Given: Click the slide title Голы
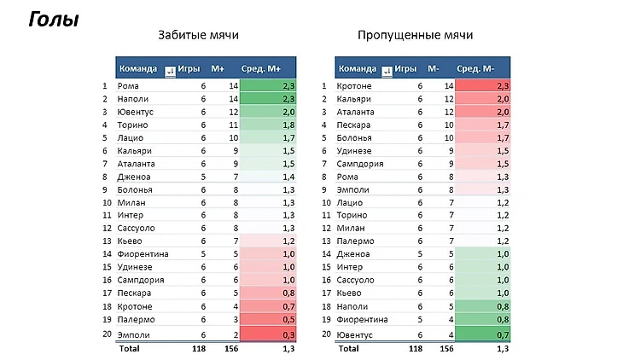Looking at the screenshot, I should (x=54, y=20).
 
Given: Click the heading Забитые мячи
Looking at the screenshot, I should (x=198, y=36).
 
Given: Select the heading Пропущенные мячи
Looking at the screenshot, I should (x=416, y=36).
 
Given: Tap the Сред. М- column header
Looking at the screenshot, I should (x=482, y=68).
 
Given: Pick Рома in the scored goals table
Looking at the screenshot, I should (x=128, y=85).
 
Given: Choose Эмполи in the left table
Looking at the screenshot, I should (x=132, y=333).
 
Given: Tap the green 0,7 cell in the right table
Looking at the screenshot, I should (x=482, y=333).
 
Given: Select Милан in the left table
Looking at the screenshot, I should (x=130, y=202).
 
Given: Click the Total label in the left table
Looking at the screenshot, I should (x=129, y=348).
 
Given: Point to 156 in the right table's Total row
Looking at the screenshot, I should (x=444, y=348).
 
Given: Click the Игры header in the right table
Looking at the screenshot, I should (x=407, y=68).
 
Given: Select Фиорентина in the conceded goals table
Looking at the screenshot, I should (x=363, y=319).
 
